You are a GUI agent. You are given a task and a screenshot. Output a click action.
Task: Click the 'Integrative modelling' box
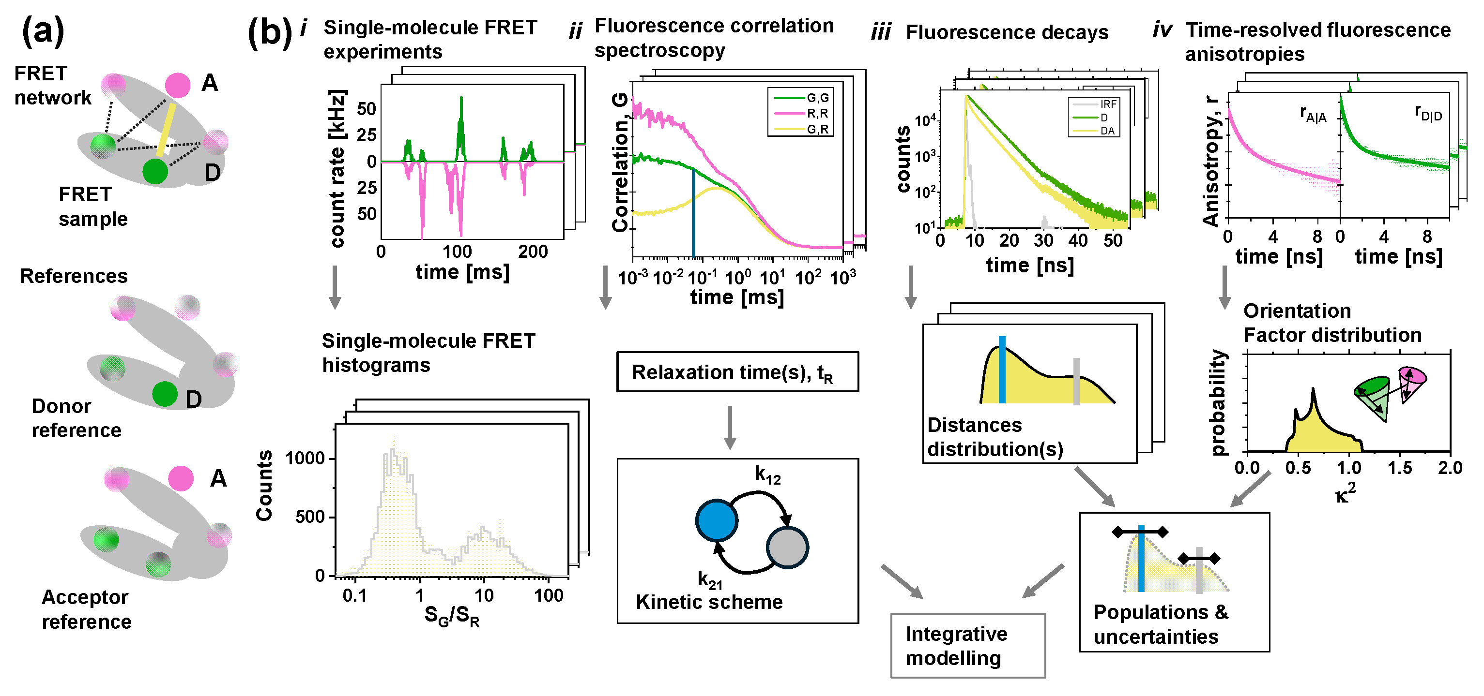(x=967, y=645)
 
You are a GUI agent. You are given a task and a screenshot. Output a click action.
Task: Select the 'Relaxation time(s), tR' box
(x=737, y=372)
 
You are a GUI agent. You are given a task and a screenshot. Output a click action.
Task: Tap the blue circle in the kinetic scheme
(x=716, y=520)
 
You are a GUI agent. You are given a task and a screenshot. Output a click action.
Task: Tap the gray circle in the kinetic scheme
(x=786, y=547)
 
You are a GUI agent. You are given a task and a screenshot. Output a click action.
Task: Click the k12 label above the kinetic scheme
(x=767, y=475)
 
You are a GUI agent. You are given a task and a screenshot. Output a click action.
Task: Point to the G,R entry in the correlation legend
(x=817, y=130)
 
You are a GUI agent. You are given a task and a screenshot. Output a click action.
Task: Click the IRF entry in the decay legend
(x=1107, y=104)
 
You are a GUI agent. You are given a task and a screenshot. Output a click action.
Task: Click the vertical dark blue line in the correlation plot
(x=693, y=213)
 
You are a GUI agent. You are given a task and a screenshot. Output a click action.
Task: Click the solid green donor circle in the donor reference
(x=165, y=394)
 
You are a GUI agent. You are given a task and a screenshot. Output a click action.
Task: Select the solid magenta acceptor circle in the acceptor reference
(x=181, y=478)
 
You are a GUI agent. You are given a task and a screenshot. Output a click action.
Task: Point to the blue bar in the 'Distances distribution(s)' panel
(x=1002, y=370)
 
